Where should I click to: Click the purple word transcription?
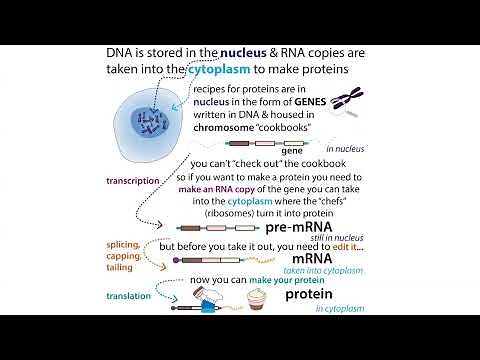point(132,181)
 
